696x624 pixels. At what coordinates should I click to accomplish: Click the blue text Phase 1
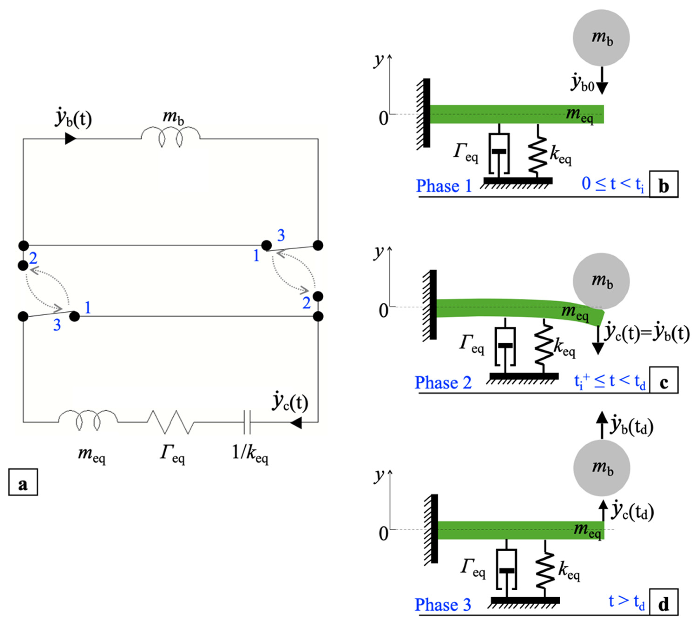[444, 186]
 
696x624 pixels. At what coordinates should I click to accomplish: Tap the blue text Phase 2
[443, 382]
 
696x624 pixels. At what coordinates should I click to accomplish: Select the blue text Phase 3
[443, 604]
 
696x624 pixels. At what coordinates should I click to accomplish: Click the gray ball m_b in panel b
[601, 38]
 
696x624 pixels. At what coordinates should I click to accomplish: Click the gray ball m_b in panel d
[601, 468]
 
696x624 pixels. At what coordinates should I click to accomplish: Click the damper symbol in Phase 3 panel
[506, 569]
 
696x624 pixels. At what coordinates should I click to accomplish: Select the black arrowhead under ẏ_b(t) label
[70, 139]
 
